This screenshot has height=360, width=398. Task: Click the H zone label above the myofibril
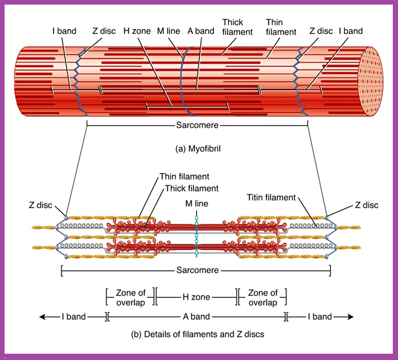point(137,31)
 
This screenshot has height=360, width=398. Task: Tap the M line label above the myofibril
point(170,31)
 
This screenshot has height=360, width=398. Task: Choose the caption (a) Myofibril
point(198,148)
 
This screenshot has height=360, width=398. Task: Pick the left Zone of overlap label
point(131,297)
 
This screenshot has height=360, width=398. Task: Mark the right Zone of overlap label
point(262,297)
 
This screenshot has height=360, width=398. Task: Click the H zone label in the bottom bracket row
point(196,297)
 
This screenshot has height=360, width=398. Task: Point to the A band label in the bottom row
point(196,316)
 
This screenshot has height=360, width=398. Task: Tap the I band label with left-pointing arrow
point(74,316)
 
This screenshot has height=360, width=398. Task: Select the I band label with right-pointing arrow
point(319,316)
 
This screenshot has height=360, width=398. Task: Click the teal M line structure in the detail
point(196,235)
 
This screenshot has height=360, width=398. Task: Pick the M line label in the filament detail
point(197,204)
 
